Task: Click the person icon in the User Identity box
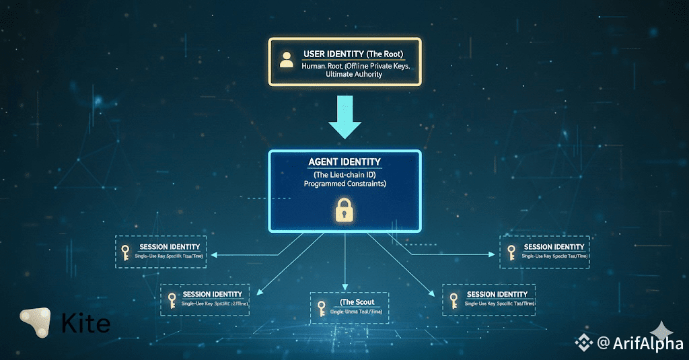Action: tap(287, 60)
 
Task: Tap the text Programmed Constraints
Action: tap(344, 184)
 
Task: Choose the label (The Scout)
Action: tap(357, 302)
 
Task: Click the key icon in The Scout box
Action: tap(321, 308)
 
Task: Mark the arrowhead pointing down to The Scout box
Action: tap(344, 287)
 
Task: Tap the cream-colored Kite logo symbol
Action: tap(36, 323)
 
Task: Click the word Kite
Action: tap(85, 324)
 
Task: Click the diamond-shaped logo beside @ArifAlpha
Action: tap(583, 343)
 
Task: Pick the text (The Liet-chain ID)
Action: tap(344, 174)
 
